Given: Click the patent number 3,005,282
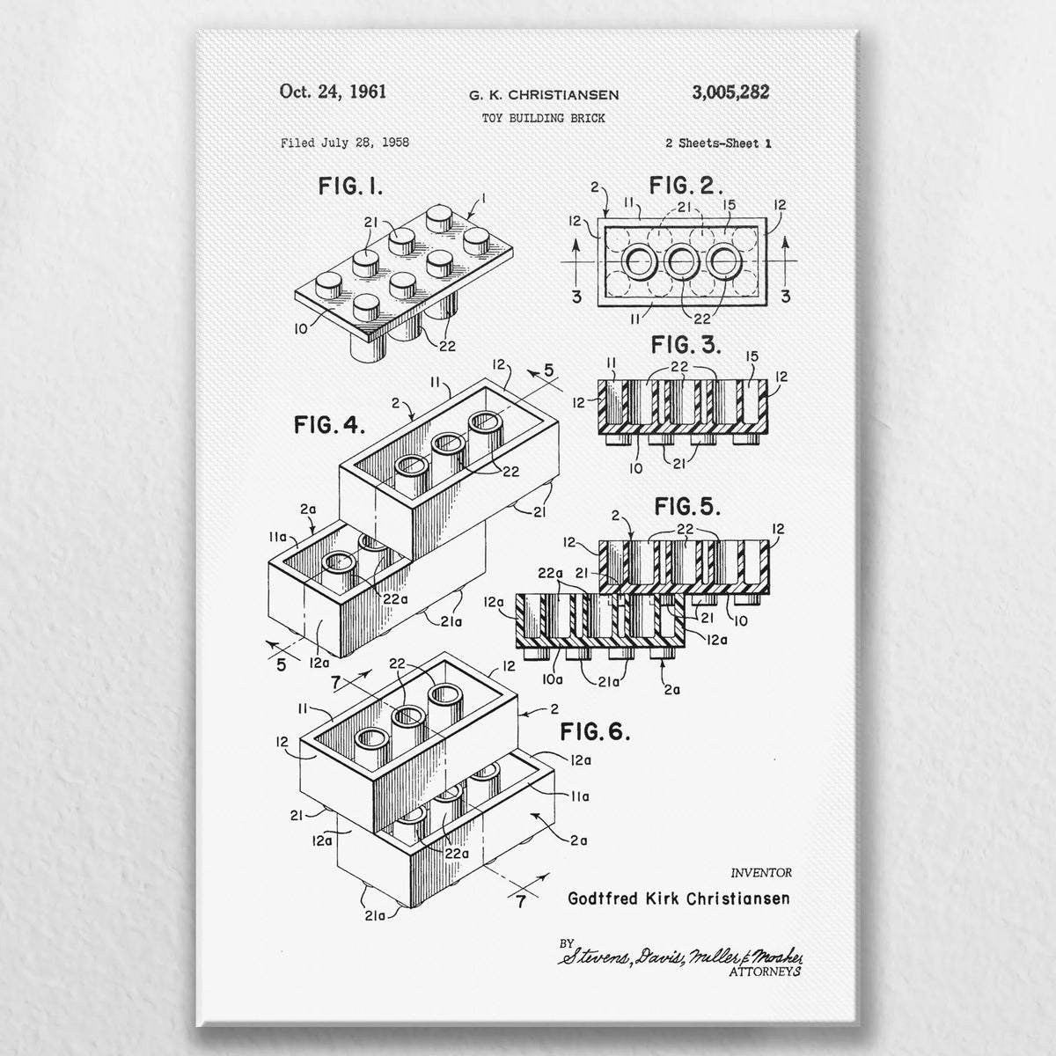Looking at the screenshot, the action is coord(730,92).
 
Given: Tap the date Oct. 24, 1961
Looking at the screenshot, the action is coord(333,92).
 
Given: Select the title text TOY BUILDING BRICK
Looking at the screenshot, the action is coord(544,119).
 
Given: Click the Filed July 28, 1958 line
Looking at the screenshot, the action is coord(345,143).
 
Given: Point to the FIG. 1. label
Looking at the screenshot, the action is coord(350,187).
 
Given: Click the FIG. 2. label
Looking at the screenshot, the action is coord(686,186).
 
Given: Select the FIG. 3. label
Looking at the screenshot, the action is coord(686,345).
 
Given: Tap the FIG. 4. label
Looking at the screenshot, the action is coord(329,425).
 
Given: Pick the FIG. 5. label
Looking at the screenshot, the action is coord(688,507).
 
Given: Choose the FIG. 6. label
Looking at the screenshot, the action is coord(595,731).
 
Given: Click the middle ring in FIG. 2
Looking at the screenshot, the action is coord(682,261).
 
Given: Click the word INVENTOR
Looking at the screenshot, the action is coord(761,873).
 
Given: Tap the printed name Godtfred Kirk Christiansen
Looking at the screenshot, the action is coord(679,898).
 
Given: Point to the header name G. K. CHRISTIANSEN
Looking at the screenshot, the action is coord(544,95).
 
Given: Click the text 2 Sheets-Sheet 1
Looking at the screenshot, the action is coord(718,143).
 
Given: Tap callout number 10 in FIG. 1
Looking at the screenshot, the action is coord(301,329).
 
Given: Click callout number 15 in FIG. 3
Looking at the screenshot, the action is coord(752,356).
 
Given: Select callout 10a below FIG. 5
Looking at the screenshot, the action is coord(553,679).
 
